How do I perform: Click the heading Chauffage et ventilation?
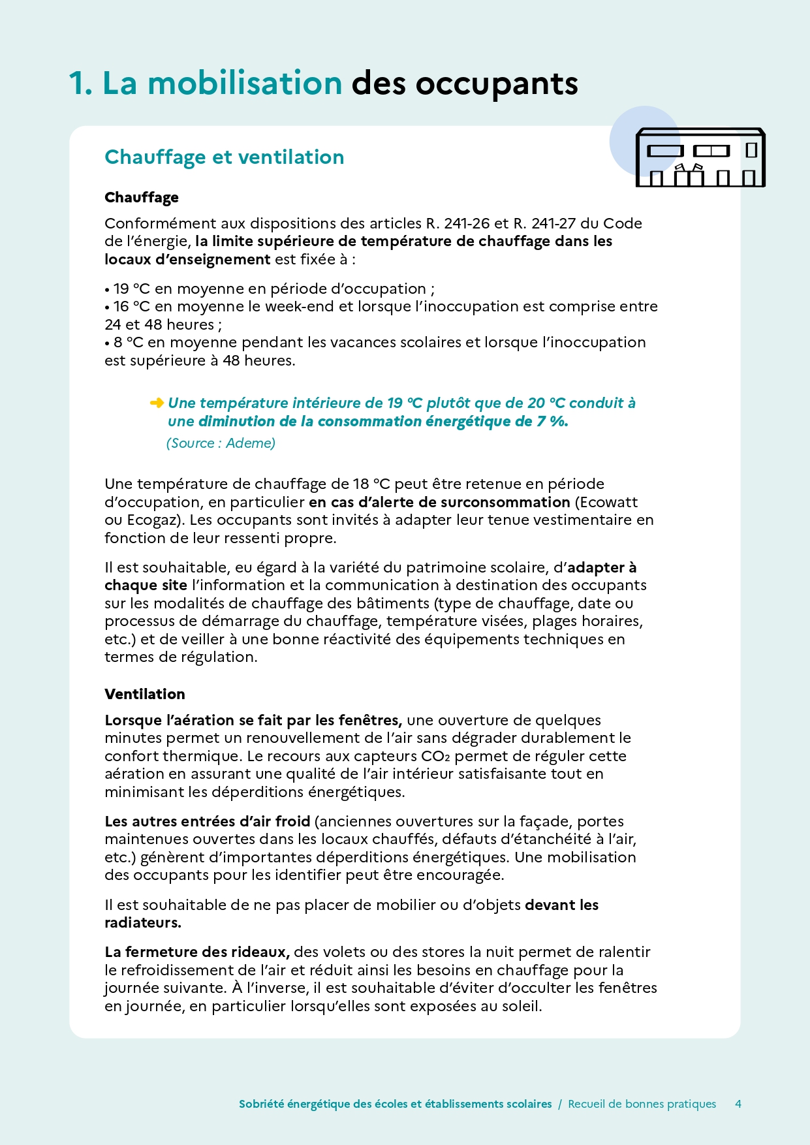coord(224,157)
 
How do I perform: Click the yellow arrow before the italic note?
coord(157,403)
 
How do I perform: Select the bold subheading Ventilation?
coord(145,694)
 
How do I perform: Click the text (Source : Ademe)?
coord(221,443)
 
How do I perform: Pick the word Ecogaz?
coord(149,520)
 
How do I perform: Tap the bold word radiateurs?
coord(142,922)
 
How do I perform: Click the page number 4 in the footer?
coord(738,1104)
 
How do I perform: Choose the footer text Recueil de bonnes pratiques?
coord(642,1104)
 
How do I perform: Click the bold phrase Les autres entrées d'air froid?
coord(207,821)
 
